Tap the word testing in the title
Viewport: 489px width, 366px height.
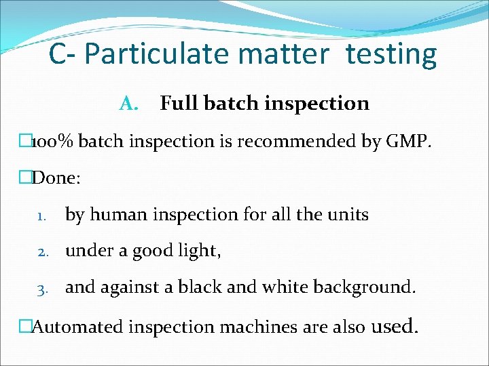click(x=391, y=55)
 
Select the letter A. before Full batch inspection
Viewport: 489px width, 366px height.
click(x=128, y=104)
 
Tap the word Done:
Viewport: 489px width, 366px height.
click(x=56, y=178)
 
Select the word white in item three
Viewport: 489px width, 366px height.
click(x=278, y=287)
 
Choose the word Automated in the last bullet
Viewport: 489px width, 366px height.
click(x=78, y=327)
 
